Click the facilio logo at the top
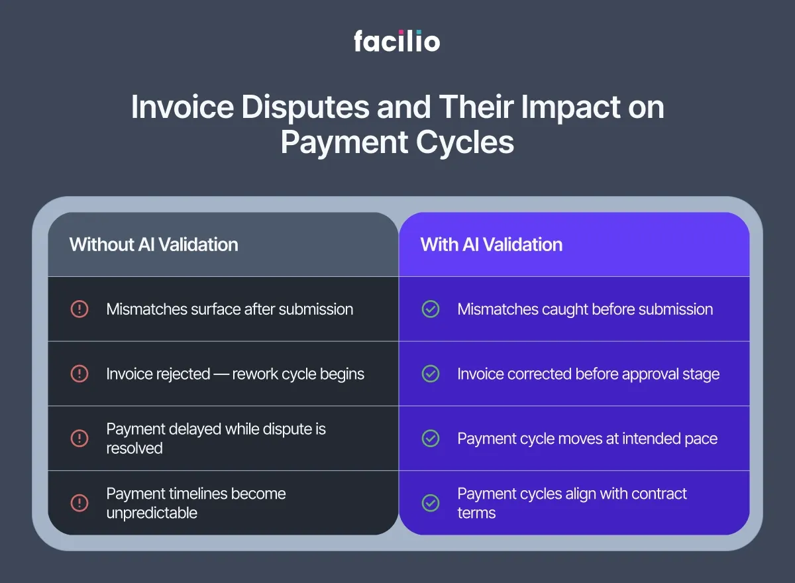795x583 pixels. coord(397,41)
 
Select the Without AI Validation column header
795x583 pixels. coord(154,244)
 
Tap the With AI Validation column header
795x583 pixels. coord(492,244)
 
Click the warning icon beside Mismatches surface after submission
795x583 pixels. coord(79,309)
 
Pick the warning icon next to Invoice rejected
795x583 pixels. coord(79,374)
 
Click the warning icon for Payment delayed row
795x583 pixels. coord(79,439)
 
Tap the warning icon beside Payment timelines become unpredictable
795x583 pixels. coord(79,503)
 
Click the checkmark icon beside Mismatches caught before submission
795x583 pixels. coord(431,309)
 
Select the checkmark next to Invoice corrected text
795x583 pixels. coord(431,374)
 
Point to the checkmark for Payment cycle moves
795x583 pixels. coord(431,439)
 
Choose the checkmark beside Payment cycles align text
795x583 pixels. coord(431,503)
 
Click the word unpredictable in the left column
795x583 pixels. coord(152,513)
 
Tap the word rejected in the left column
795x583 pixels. coord(184,374)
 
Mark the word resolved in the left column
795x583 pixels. coord(134,449)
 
